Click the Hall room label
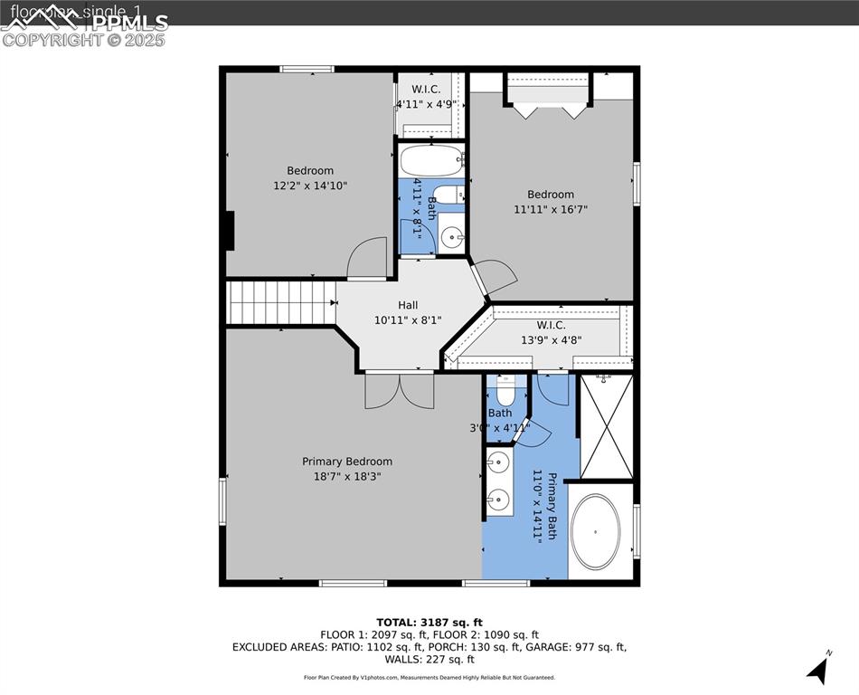pos(408,305)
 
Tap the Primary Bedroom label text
pos(347,462)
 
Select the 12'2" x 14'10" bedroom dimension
pos(310,186)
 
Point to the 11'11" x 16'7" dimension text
pos(551,209)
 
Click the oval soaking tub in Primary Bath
pos(596,530)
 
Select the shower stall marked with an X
pos(606,426)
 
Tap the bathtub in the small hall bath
pos(431,160)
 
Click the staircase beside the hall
pos(280,302)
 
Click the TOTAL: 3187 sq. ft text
pos(429,622)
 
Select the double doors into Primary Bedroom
pos(400,391)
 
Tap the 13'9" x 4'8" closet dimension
pos(551,340)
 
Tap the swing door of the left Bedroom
pos(369,257)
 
